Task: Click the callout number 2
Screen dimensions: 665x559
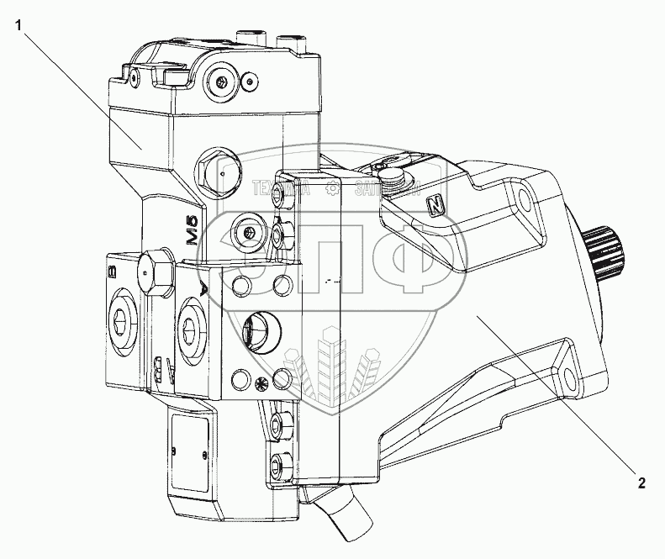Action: coord(641,483)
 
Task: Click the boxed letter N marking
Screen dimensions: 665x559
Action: coord(435,205)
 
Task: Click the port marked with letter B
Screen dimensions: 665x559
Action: coord(119,317)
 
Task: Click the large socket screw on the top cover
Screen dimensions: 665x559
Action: coord(221,82)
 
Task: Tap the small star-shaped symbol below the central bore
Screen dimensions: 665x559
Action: coord(259,385)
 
